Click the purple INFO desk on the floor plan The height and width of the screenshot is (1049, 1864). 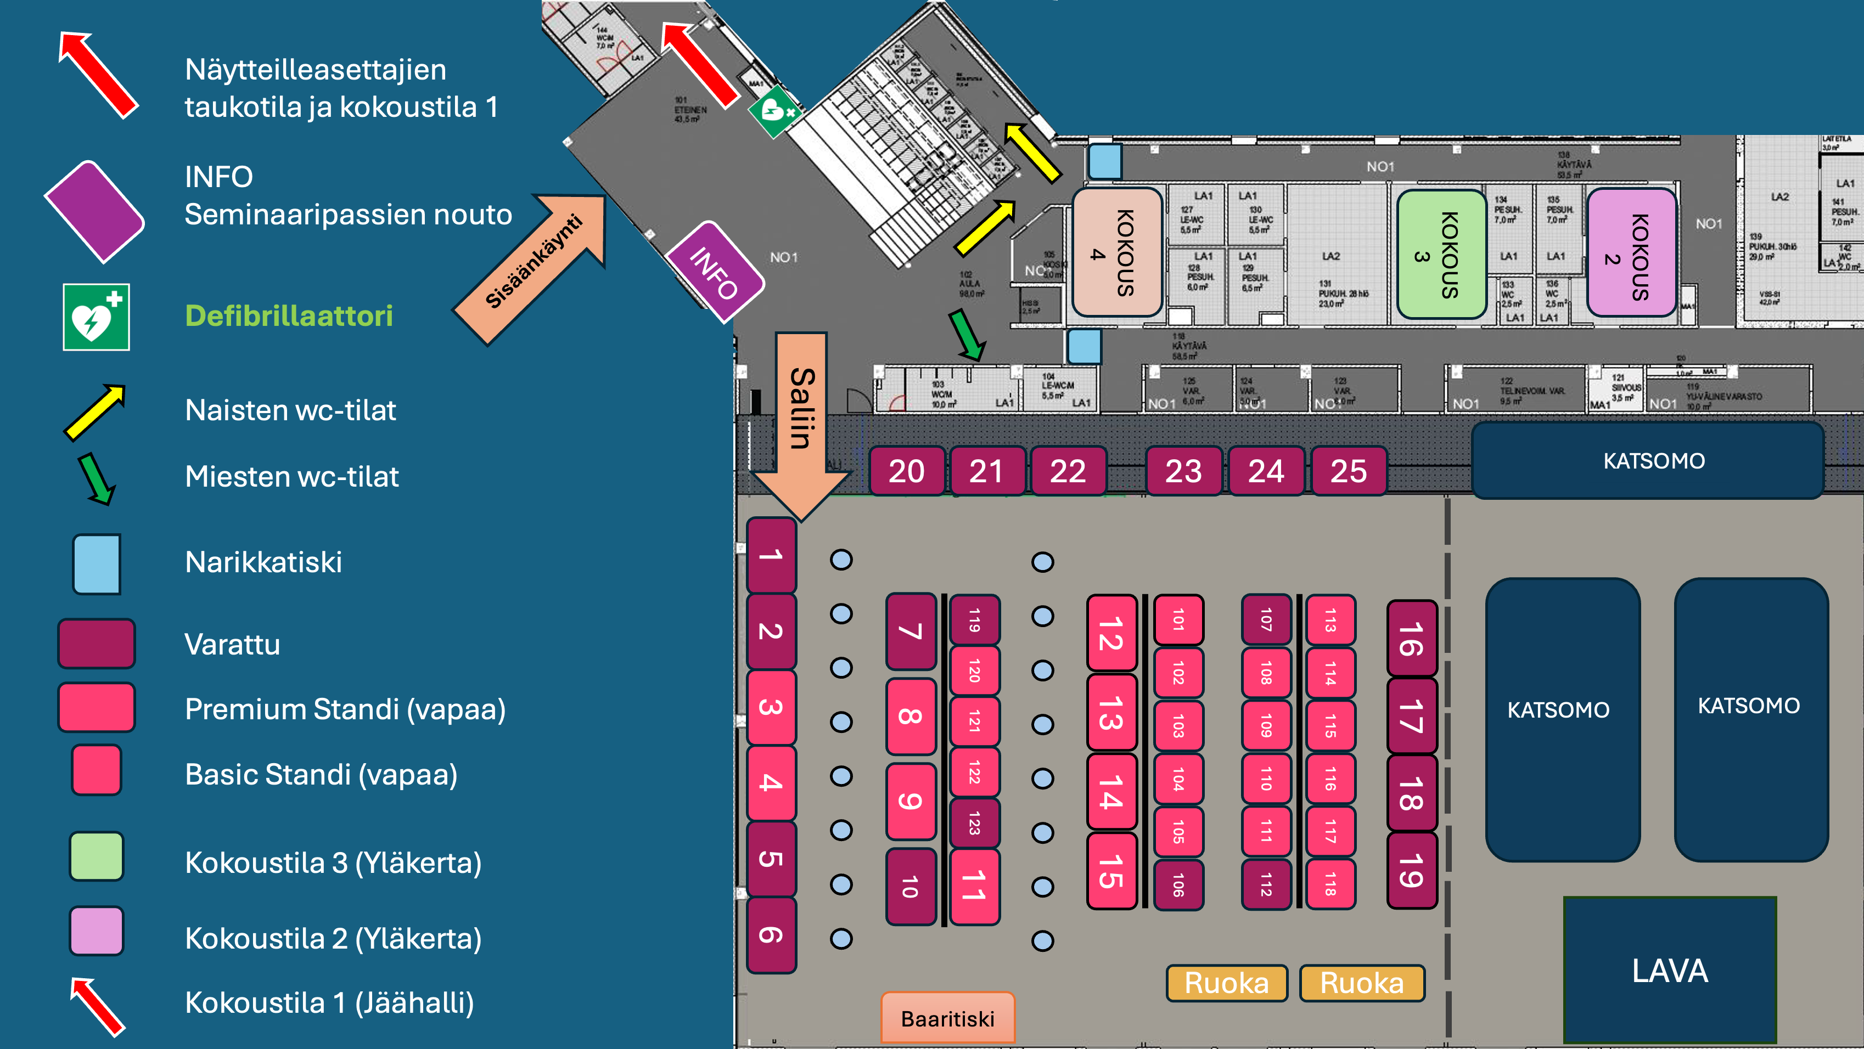point(714,271)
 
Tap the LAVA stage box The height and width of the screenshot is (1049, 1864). point(1669,970)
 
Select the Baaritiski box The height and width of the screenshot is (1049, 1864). point(947,1018)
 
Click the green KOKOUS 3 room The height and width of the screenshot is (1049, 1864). point(1441,255)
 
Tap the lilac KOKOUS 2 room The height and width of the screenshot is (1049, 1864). point(1631,255)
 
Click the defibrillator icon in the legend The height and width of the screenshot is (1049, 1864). point(96,317)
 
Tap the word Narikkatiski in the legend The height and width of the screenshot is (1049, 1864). point(263,562)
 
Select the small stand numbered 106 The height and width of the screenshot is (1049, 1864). point(1178,884)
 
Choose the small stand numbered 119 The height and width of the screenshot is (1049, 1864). point(974,620)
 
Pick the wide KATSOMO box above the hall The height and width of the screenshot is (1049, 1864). point(1653,461)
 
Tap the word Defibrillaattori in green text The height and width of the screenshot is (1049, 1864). point(289,315)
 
